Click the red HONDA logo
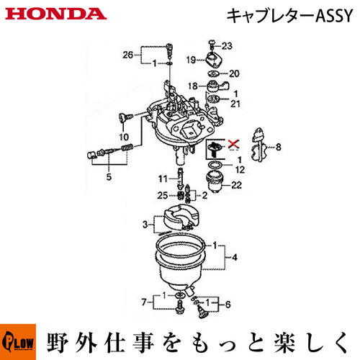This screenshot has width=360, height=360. (x=56, y=14)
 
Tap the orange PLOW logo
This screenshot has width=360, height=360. (x=18, y=342)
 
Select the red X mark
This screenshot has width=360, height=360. (x=233, y=144)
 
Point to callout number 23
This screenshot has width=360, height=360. (x=227, y=45)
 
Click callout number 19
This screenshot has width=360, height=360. (x=191, y=60)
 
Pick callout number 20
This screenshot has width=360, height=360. (x=234, y=73)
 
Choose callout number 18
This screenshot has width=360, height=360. (x=193, y=86)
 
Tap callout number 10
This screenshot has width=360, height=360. (x=124, y=137)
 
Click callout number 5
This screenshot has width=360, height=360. (x=109, y=177)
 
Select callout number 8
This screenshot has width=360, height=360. (x=279, y=147)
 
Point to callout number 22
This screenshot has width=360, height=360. (x=236, y=185)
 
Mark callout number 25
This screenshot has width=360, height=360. (x=162, y=195)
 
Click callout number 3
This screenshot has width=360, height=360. (x=145, y=225)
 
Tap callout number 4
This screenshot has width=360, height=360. (x=235, y=257)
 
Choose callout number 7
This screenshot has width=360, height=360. (x=144, y=302)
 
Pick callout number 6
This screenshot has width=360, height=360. (x=228, y=305)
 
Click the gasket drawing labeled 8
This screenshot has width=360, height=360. (x=258, y=145)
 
